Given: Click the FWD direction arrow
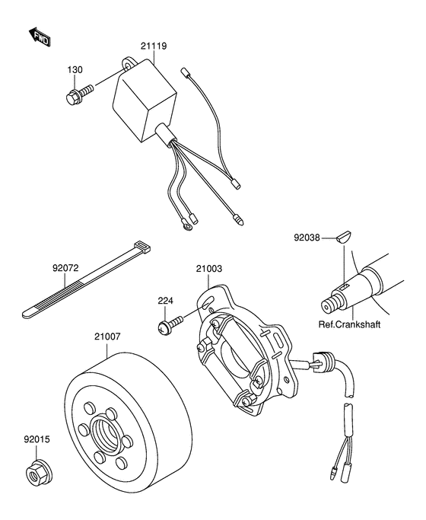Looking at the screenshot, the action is (40, 37).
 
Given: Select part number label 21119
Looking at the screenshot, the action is (154, 46).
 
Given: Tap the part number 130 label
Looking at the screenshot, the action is (75, 70).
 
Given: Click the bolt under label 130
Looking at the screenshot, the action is (80, 94).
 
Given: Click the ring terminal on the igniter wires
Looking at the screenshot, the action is (186, 227).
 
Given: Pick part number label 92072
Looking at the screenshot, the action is (65, 268).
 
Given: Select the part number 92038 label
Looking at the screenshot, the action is (307, 238).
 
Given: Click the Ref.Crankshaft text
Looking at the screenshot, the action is (349, 324).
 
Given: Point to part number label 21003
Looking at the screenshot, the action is (208, 269).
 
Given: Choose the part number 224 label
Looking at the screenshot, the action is (165, 301).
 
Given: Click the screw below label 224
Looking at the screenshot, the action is (170, 324).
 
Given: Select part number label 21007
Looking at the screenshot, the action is (107, 337).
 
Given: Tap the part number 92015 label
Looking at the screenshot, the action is (37, 439).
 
